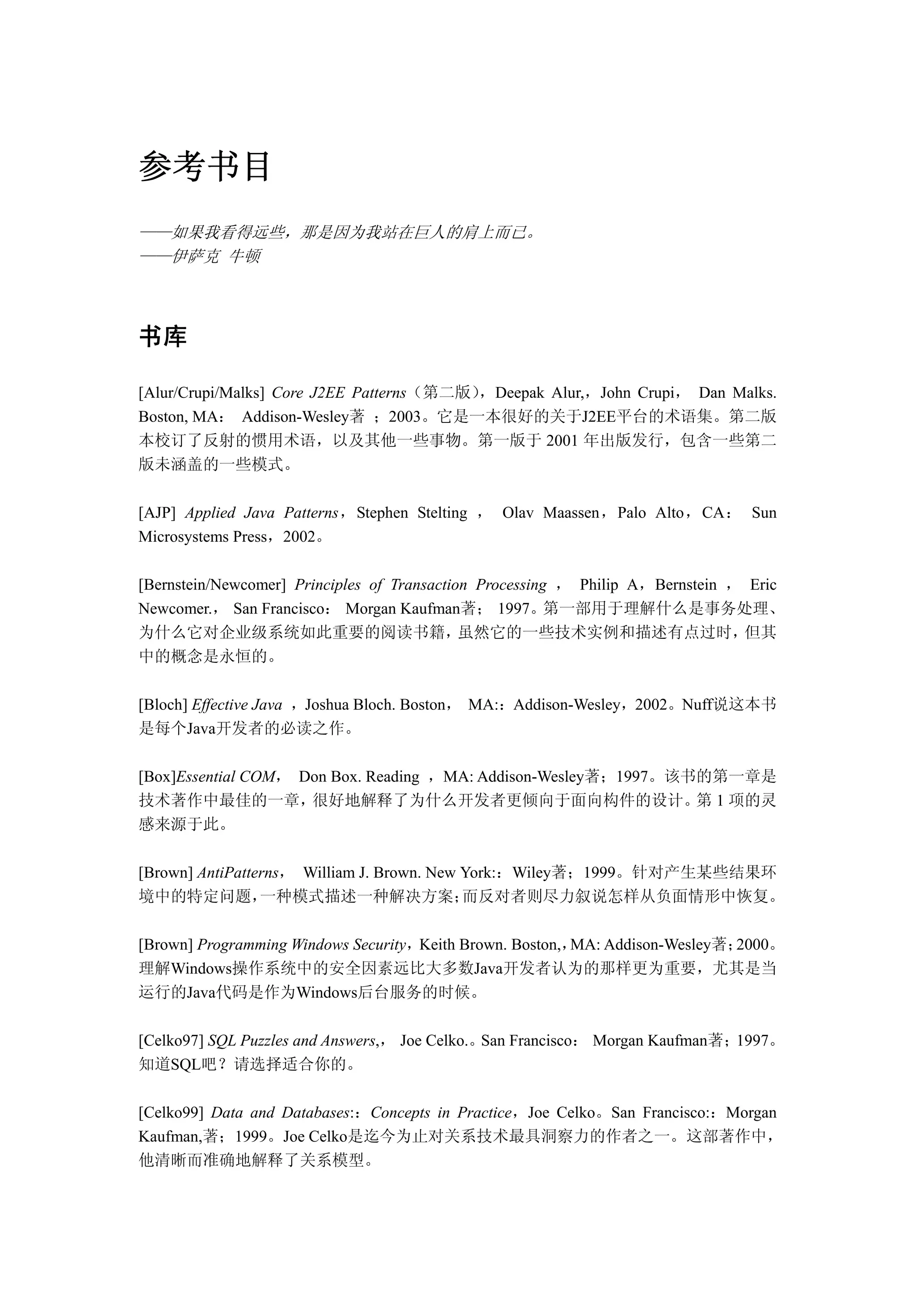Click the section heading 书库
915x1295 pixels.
[x=163, y=337]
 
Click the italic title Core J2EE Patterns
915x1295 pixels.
[x=338, y=392]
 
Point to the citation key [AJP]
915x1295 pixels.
[x=157, y=513]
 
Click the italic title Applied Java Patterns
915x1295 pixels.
[x=262, y=513]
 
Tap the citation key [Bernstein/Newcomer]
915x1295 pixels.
[x=213, y=585]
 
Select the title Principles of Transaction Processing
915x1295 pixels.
[x=420, y=585]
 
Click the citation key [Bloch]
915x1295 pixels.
[x=163, y=705]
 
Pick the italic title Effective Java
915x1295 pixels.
[x=237, y=705]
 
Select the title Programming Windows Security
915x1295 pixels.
[x=301, y=945]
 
